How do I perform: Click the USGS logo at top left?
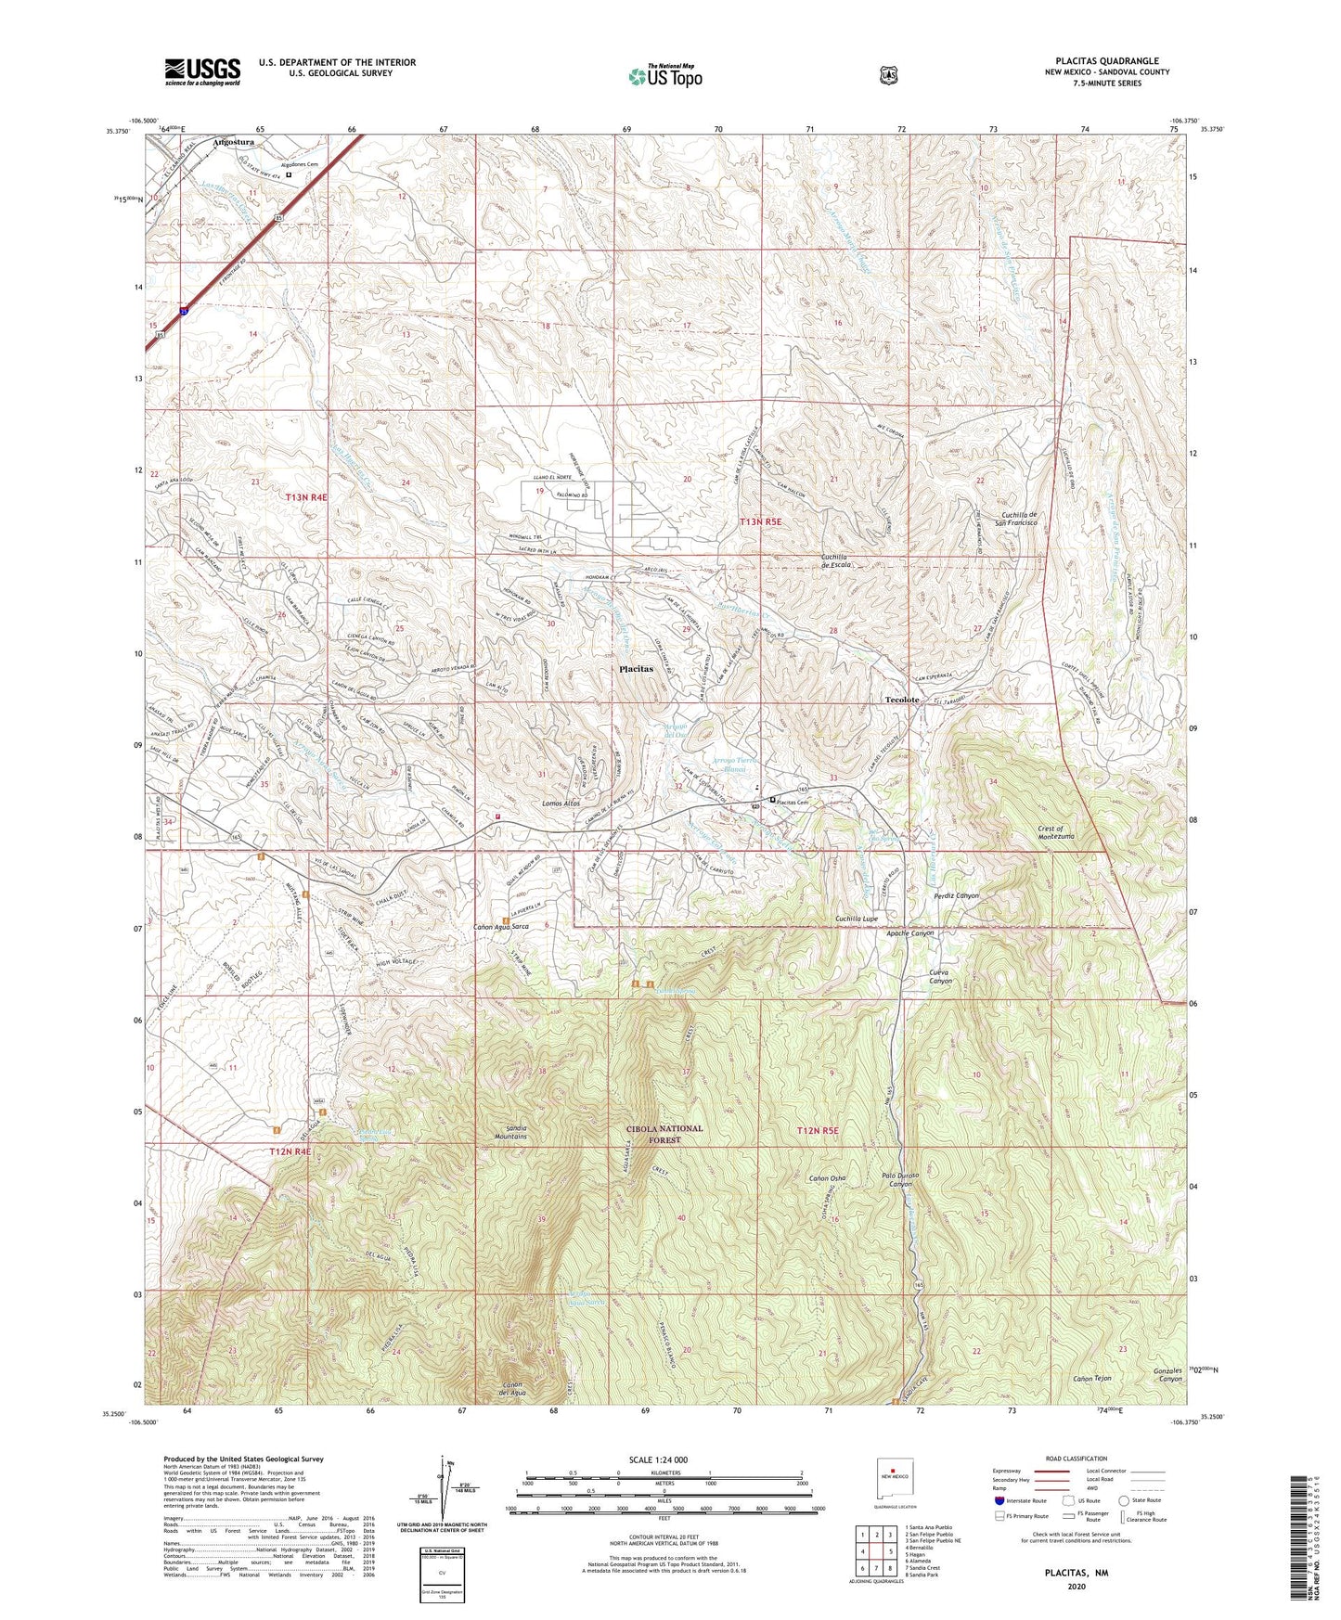point(202,71)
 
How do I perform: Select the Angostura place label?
point(233,143)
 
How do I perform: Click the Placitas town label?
point(637,668)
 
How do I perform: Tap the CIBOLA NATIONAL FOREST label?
point(664,1134)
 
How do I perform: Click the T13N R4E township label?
point(306,498)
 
